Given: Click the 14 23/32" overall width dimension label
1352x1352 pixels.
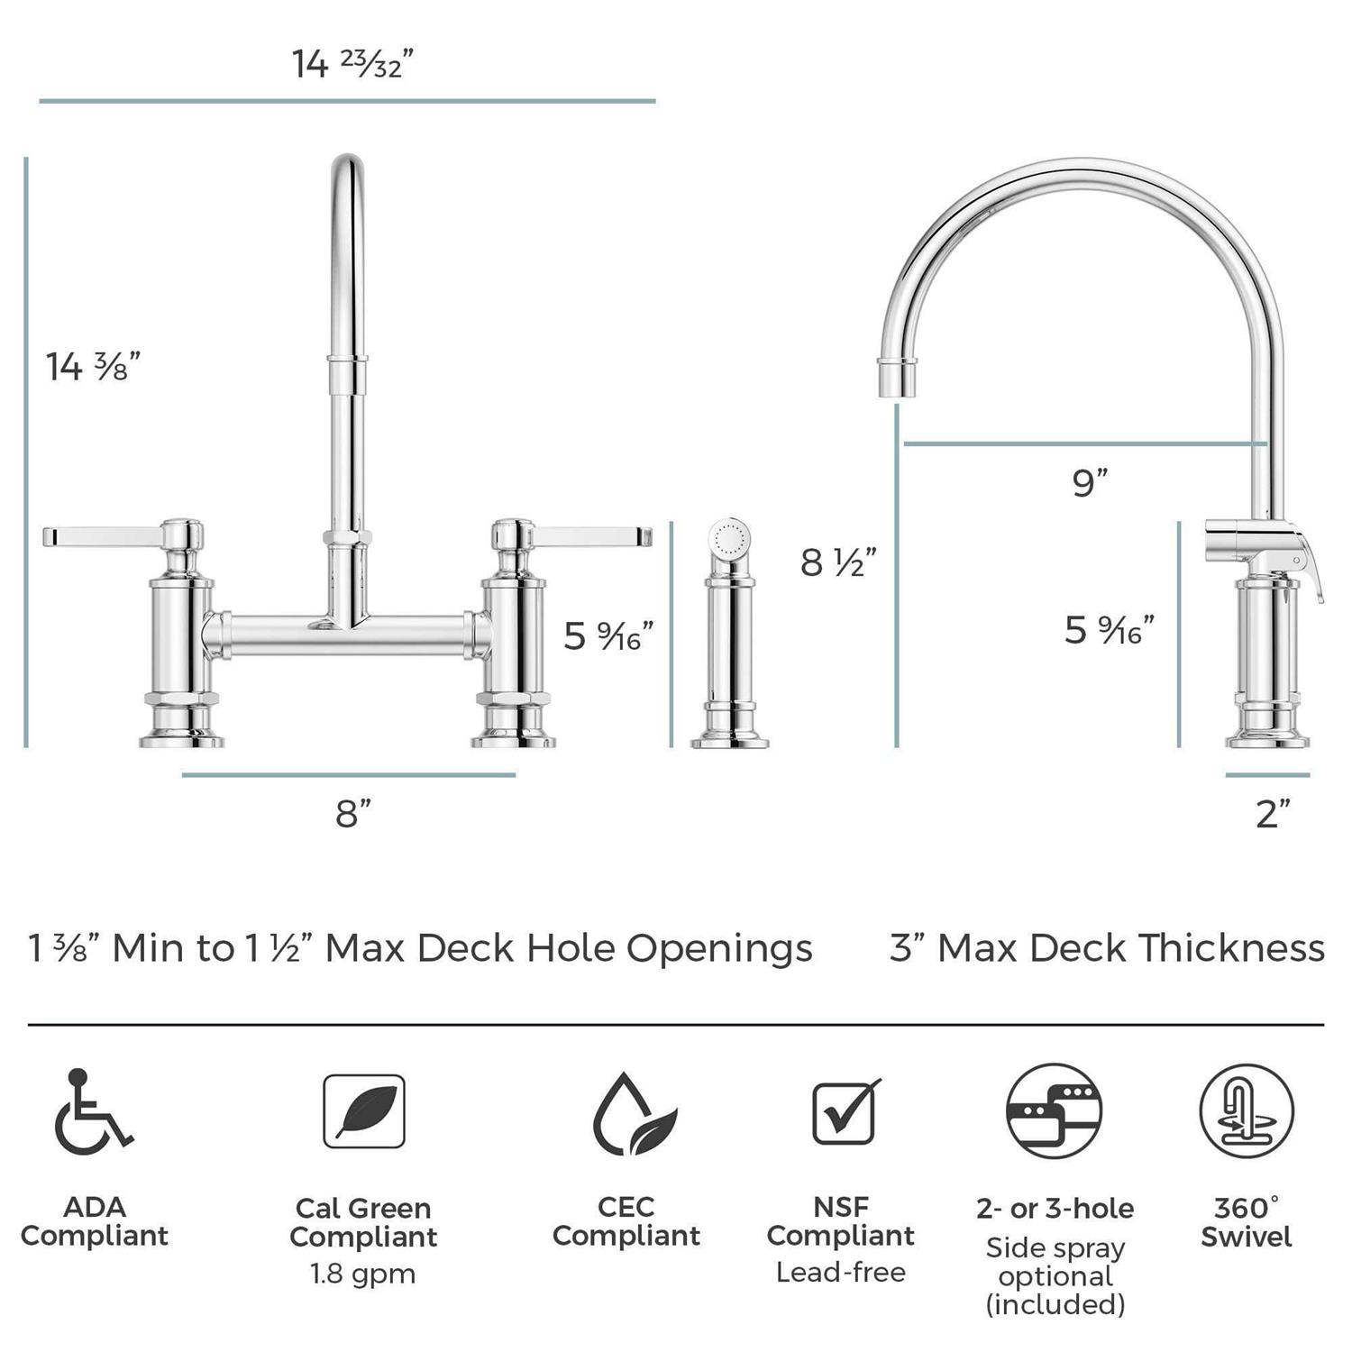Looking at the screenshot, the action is pyautogui.click(x=352, y=64).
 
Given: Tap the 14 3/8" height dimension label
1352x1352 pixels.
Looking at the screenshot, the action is pyautogui.click(x=94, y=367).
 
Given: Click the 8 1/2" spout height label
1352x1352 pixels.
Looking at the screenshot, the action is pyautogui.click(x=838, y=562).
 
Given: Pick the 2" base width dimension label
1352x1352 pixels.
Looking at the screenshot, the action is pyautogui.click(x=1273, y=814).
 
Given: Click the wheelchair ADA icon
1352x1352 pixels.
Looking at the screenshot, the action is pyautogui.click(x=93, y=1111).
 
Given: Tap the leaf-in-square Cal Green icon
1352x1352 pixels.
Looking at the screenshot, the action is pyautogui.click(x=364, y=1111).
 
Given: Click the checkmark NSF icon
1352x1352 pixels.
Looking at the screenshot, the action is pyautogui.click(x=845, y=1111).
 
